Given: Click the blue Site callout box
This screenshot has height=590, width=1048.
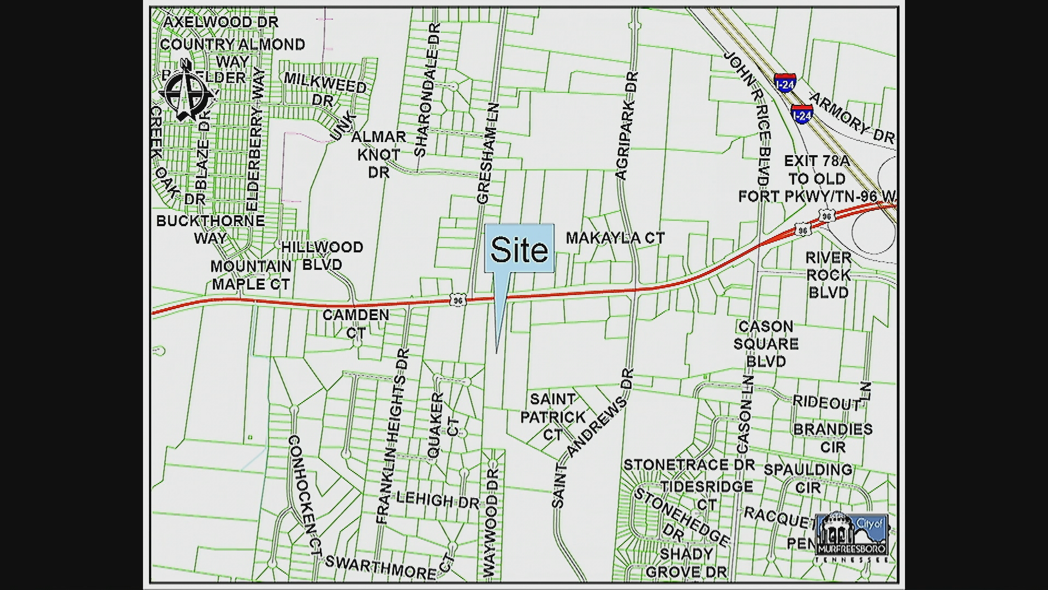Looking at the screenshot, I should point(519,249).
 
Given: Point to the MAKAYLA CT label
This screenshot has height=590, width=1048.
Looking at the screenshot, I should point(615,238).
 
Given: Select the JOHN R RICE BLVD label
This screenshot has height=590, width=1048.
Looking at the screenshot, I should point(748,117).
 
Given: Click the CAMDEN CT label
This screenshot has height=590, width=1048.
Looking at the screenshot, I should point(355,323).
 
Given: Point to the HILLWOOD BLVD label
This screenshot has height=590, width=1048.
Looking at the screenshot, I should point(322,256).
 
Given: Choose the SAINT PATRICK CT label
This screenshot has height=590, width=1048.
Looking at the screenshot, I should point(552,416).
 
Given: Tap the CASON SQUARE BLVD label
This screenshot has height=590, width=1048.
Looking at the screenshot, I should point(766,344).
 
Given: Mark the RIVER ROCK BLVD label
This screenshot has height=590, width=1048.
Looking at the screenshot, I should point(828,275).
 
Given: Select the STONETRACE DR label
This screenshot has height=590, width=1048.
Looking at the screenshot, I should point(689,465).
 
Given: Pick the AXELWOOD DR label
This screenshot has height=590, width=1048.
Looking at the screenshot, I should point(221,22).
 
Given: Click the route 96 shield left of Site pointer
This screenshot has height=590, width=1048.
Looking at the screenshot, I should point(458,299).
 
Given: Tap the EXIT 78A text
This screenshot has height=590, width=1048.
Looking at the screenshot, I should point(817,161).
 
